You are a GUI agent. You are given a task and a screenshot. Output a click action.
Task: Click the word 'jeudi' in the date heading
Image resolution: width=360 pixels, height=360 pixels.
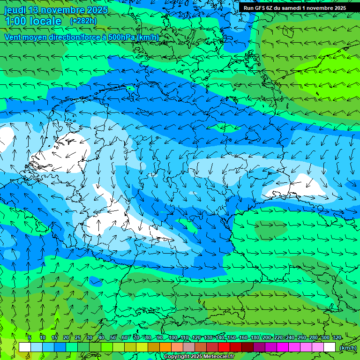pyautogui.click(x=15, y=10)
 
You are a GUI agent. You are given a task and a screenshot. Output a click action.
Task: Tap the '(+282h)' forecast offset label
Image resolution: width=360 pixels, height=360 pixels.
pyautogui.click(x=83, y=21)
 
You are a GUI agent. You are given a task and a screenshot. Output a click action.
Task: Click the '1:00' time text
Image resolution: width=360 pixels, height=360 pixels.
pyautogui.click(x=15, y=21)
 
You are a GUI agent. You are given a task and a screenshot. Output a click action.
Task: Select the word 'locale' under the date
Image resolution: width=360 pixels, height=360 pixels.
pyautogui.click(x=45, y=21)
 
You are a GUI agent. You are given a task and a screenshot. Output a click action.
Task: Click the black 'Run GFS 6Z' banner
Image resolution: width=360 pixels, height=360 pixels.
pyautogui.click(x=294, y=8)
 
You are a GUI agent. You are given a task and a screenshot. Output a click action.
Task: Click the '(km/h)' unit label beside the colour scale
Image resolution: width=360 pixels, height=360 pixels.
pyautogui.click(x=348, y=347)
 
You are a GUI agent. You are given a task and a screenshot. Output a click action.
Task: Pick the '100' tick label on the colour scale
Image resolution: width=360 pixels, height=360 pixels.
pyautogui.click(x=173, y=337)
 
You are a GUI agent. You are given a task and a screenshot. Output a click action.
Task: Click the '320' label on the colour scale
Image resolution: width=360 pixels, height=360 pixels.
pyautogui.click(x=337, y=337)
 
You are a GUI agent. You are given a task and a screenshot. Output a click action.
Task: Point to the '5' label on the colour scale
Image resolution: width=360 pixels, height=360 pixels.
pyautogui.click(x=30, y=337)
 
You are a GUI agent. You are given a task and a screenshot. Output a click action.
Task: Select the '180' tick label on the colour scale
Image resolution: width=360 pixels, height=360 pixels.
pyautogui.click(x=255, y=337)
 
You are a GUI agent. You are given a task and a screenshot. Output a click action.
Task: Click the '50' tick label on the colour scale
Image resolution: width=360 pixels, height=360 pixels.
pyautogui.click(x=113, y=337)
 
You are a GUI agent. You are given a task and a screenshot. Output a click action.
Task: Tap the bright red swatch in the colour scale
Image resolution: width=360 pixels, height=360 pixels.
pyautogui.click(x=224, y=347)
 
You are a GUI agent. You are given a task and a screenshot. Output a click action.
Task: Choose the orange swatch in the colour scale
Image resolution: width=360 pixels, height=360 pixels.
pyautogui.click(x=165, y=347)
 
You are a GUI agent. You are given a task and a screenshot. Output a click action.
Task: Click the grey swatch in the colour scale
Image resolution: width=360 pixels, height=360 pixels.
pyautogui.click(x=189, y=347)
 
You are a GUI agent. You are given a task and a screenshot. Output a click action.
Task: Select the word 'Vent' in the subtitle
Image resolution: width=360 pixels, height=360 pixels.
pyautogui.click(x=14, y=37)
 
